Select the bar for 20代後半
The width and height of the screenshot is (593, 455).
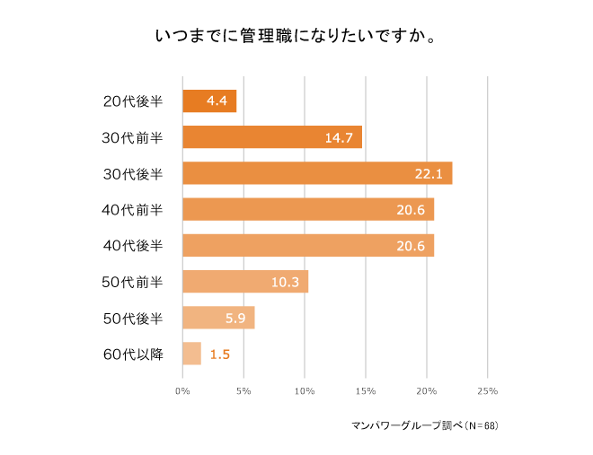tap(209, 101)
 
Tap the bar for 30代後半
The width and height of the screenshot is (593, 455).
tap(316, 173)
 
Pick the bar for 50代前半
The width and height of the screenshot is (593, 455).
tap(244, 282)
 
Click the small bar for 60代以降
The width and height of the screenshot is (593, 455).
tap(191, 354)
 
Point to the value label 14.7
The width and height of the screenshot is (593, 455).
tap(340, 137)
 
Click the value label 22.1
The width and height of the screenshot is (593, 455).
tap(429, 173)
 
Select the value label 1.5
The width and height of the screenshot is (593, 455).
tap(220, 354)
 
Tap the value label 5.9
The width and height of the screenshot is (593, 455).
tap(236, 318)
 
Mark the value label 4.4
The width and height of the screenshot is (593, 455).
tap(217, 101)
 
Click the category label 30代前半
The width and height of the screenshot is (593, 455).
tap(133, 137)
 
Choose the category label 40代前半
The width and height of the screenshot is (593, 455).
tap(133, 209)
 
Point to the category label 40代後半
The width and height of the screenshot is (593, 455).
tap(133, 246)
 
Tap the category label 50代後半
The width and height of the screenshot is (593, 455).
tap(133, 318)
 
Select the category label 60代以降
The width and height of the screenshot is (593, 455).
tap(133, 354)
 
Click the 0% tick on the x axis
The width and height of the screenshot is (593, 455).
tap(182, 391)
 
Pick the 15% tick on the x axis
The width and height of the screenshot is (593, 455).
tap(365, 391)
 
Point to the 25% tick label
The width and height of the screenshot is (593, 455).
tap(487, 391)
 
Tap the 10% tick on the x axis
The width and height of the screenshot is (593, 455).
tap(304, 391)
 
